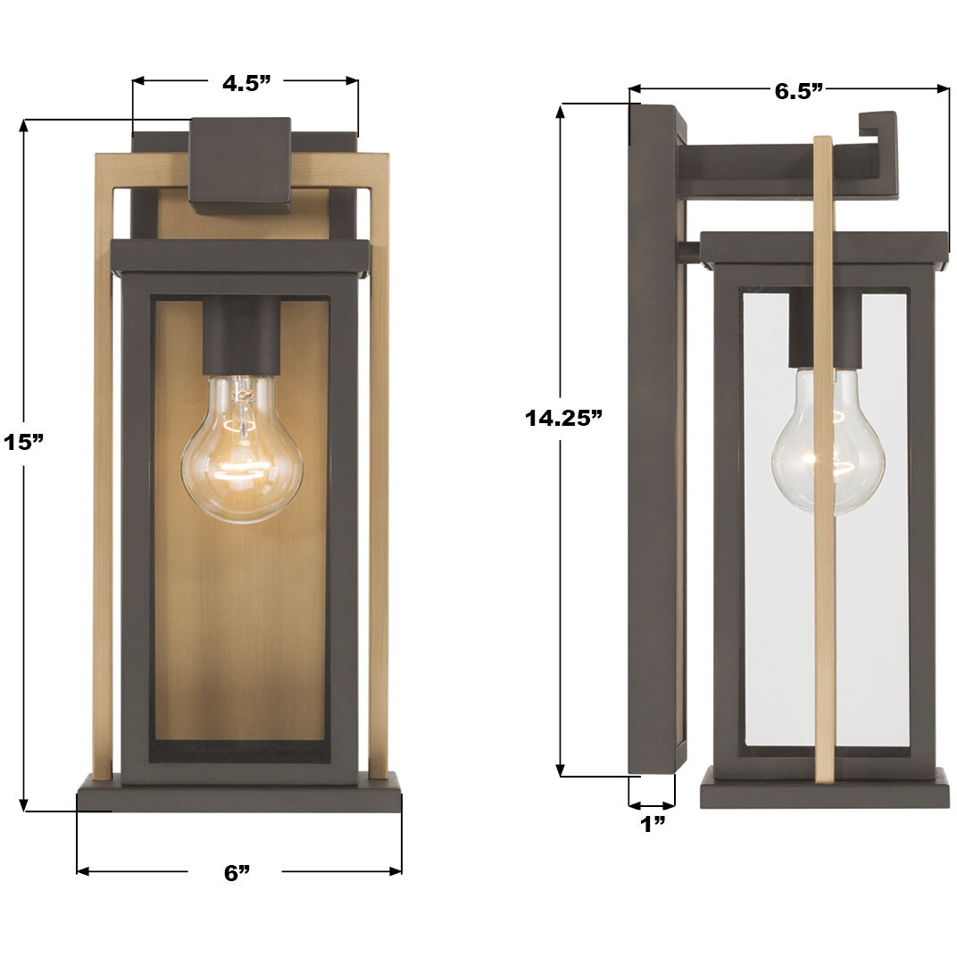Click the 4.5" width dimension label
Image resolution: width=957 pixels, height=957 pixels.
(245, 84)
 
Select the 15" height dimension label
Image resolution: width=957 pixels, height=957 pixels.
(23, 442)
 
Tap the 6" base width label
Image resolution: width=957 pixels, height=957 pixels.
(237, 873)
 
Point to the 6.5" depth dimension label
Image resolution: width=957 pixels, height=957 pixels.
(798, 90)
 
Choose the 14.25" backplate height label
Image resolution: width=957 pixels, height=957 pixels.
(563, 418)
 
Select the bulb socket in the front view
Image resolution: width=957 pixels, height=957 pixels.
(241, 335)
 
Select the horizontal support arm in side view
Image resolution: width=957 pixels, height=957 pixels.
(768, 171)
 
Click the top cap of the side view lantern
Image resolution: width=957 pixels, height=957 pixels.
(823, 247)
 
